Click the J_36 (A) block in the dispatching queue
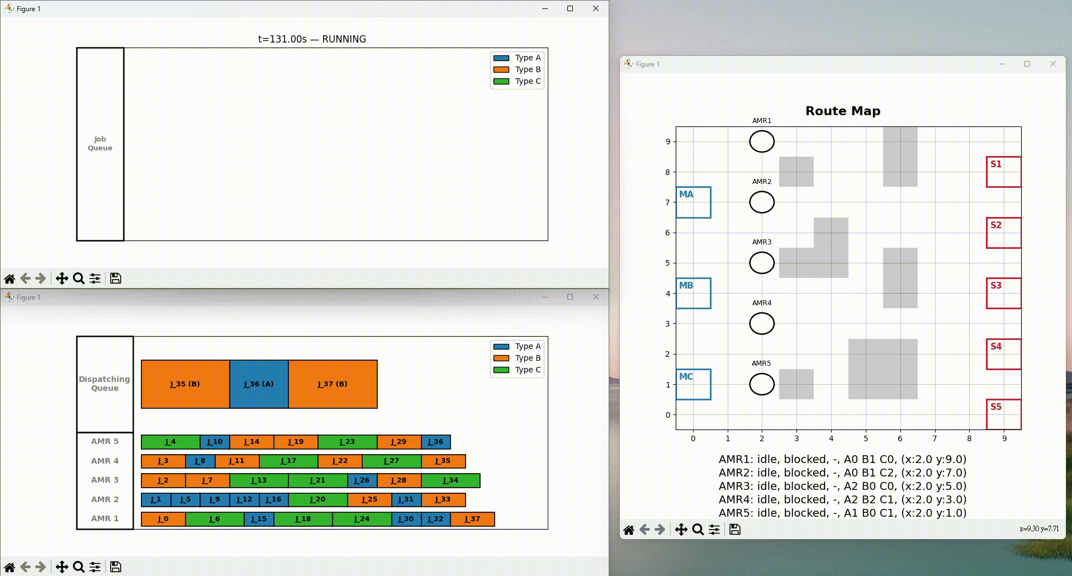259,384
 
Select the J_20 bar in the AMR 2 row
318,499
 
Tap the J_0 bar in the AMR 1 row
163,519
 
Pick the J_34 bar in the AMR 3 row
450,480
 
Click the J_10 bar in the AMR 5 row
215,442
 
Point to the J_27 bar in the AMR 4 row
392,461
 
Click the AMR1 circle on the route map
762,141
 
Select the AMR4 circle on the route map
762,324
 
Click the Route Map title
843,111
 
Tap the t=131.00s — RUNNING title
312,39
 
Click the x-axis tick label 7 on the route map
935,438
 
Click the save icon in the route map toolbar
735,529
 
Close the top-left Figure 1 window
596,8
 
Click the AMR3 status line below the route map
842,486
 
